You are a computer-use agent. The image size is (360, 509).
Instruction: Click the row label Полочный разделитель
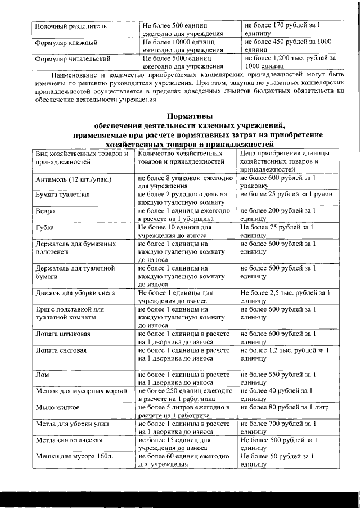click(x=70, y=26)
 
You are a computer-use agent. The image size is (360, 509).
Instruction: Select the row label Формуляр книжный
click(x=66, y=42)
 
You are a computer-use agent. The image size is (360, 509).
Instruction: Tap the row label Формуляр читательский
click(x=73, y=58)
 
